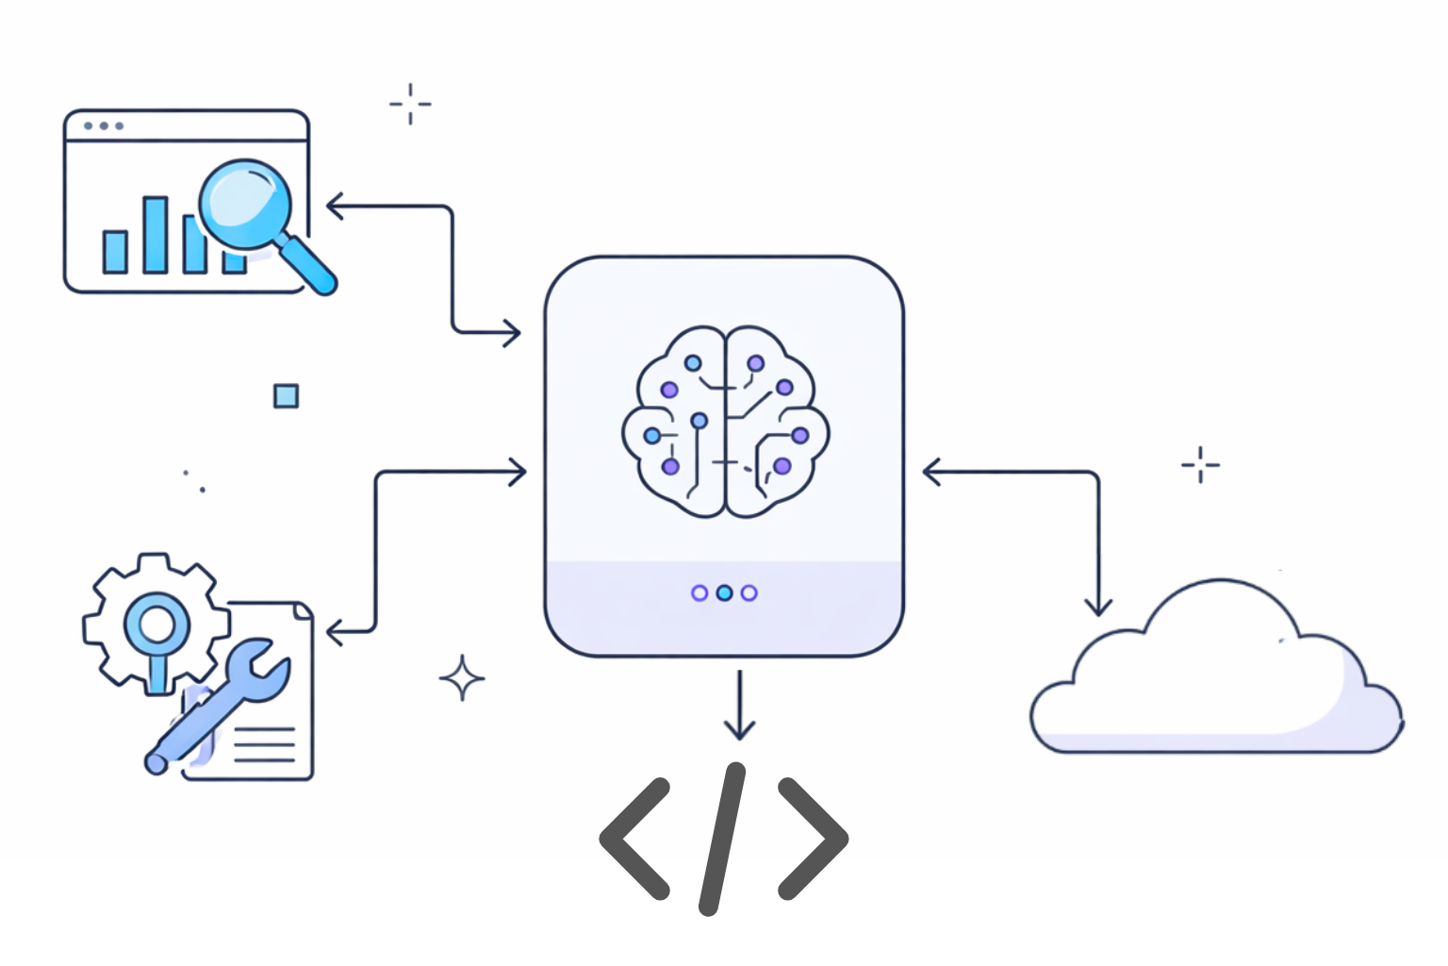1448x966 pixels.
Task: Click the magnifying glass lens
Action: click(x=243, y=204)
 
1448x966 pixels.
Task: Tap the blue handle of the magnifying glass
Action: click(x=309, y=266)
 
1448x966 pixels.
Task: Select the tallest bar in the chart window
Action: click(x=156, y=235)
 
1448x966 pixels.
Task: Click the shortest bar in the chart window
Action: click(x=115, y=252)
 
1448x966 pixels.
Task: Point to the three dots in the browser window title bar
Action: click(x=104, y=126)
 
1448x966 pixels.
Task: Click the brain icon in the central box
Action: click(x=725, y=422)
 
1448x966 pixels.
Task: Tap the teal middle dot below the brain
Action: click(x=724, y=593)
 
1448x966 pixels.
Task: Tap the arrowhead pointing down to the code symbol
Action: click(x=740, y=730)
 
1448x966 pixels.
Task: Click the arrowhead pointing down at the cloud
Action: click(x=1098, y=607)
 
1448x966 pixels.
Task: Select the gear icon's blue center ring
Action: click(x=156, y=623)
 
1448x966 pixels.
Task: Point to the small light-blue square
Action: click(x=287, y=396)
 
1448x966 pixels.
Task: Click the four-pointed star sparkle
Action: click(x=462, y=678)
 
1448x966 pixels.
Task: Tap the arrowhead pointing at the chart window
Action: click(x=335, y=206)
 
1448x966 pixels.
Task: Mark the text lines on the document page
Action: click(x=264, y=744)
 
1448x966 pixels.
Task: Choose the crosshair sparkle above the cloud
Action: click(x=1200, y=465)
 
